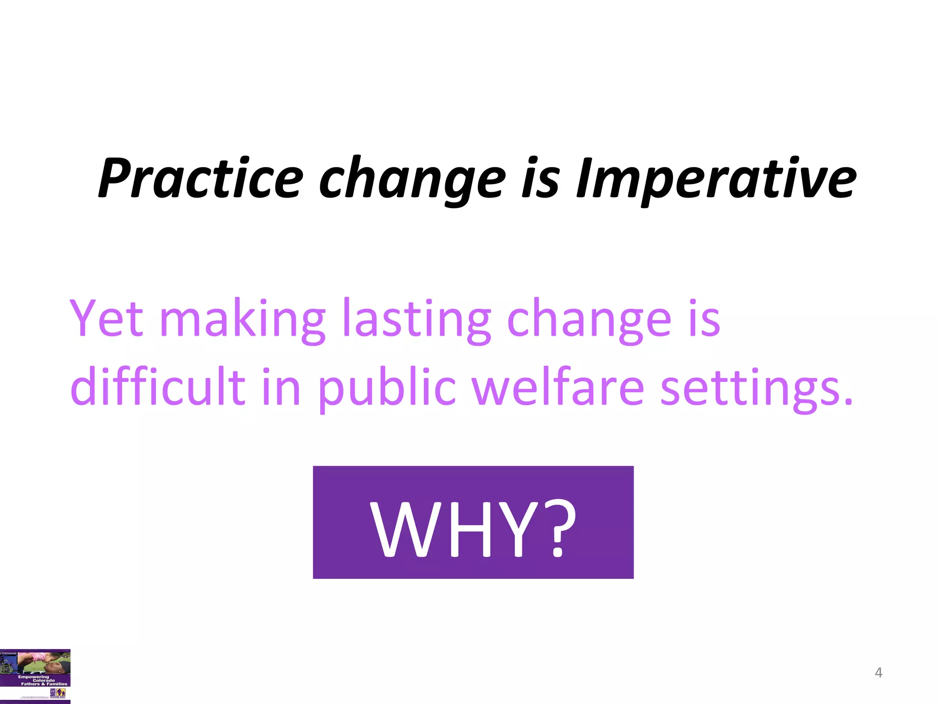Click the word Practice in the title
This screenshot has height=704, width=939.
200,178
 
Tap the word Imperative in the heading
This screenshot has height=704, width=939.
716,178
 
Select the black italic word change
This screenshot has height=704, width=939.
412,178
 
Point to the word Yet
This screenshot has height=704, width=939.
106,318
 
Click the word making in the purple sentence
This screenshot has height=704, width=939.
242,318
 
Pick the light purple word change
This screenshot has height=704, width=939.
589,318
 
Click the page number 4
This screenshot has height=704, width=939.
878,672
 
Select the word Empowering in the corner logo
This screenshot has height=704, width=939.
33,676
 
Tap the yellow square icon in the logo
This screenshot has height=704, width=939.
61,693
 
